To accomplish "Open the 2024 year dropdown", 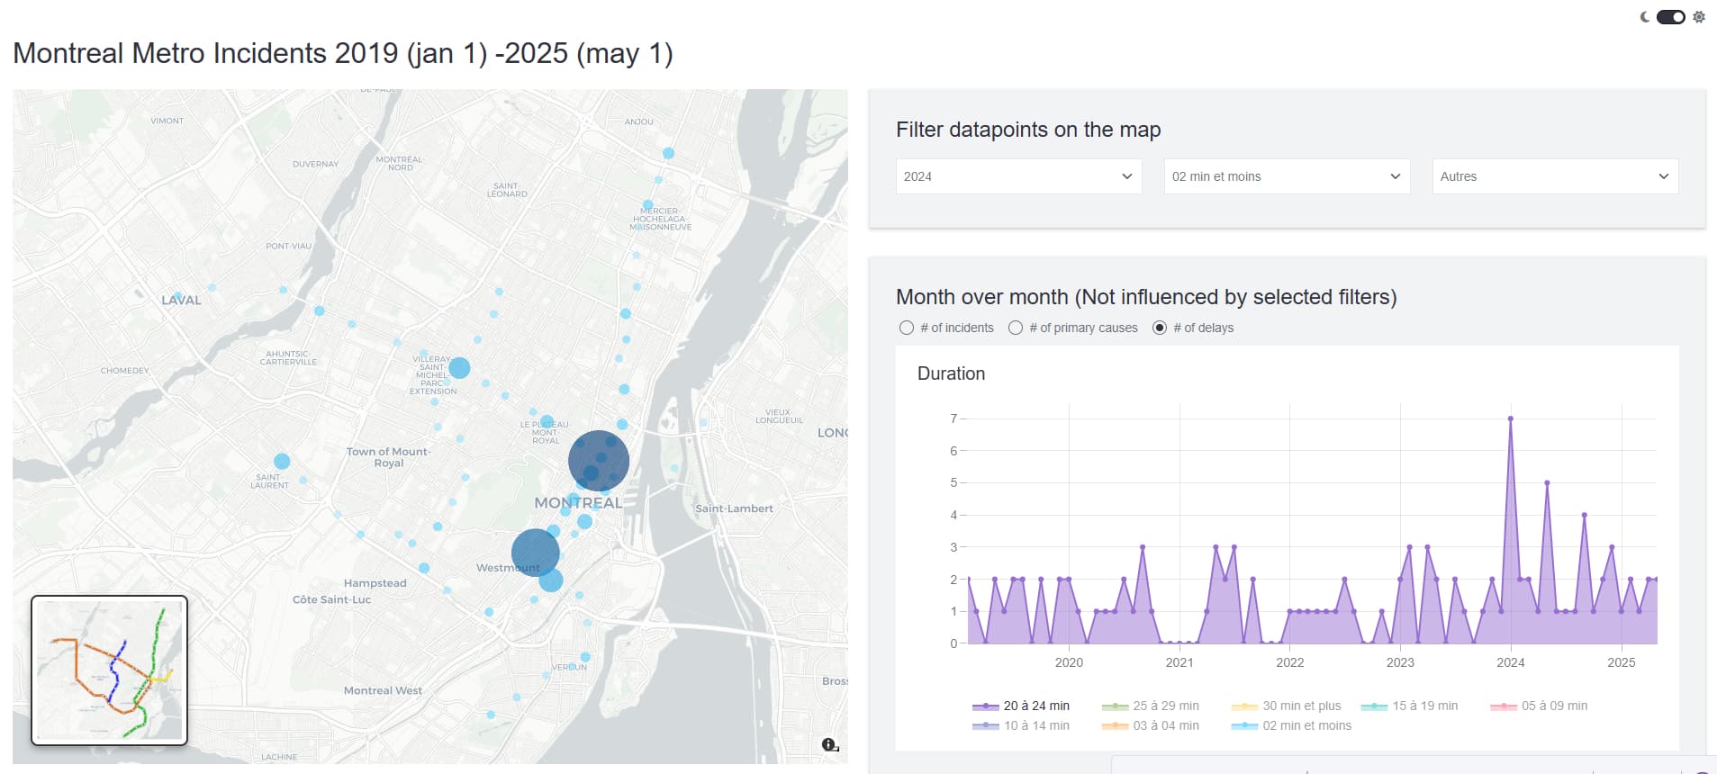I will (x=1018, y=176).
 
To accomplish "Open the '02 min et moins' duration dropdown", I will (x=1287, y=176).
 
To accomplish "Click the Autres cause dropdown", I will (x=1555, y=176).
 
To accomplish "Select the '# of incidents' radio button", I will (x=907, y=328).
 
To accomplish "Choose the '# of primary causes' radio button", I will (x=1016, y=328).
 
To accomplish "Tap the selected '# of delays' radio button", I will (x=1160, y=328).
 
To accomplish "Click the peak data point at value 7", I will (x=1511, y=418).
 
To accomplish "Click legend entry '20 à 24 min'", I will (x=1022, y=706).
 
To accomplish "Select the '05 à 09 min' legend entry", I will (x=1540, y=706).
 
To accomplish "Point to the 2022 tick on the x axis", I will (x=1289, y=662).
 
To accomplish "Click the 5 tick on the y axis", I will (x=953, y=482).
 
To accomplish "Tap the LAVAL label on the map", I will (x=181, y=301).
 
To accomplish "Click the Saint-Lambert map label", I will (x=734, y=508).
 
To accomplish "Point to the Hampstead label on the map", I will (x=375, y=583).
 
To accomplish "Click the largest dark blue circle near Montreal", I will (x=599, y=461).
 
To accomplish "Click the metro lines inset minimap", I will (x=109, y=670).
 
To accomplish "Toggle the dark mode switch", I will (x=1670, y=17).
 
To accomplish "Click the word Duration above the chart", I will (x=951, y=373).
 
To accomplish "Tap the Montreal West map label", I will (x=383, y=690).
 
